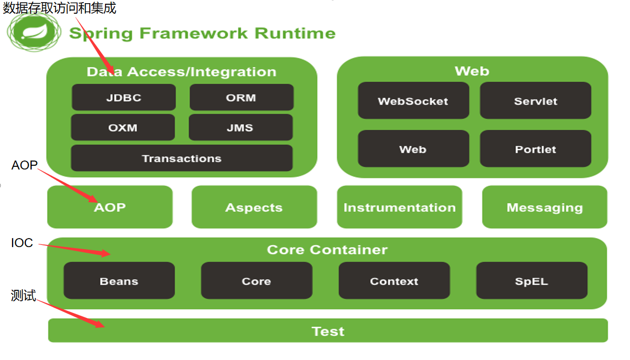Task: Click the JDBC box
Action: point(123,98)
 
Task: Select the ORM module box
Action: point(241,98)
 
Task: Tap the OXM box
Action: point(122,128)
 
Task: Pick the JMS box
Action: point(241,128)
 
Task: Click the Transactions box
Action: point(182,158)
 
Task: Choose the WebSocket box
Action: point(413,101)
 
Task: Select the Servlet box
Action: point(536,101)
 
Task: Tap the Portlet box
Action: point(536,149)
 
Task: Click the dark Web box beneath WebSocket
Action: point(413,149)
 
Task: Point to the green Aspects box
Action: point(254,207)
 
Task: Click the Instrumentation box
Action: point(399,207)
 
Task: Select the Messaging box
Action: point(545,207)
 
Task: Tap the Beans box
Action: point(119,281)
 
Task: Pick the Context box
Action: point(394,281)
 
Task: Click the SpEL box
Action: point(531,281)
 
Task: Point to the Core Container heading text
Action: point(327,250)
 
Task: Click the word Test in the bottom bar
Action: point(328,331)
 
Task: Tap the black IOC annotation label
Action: point(22,243)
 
